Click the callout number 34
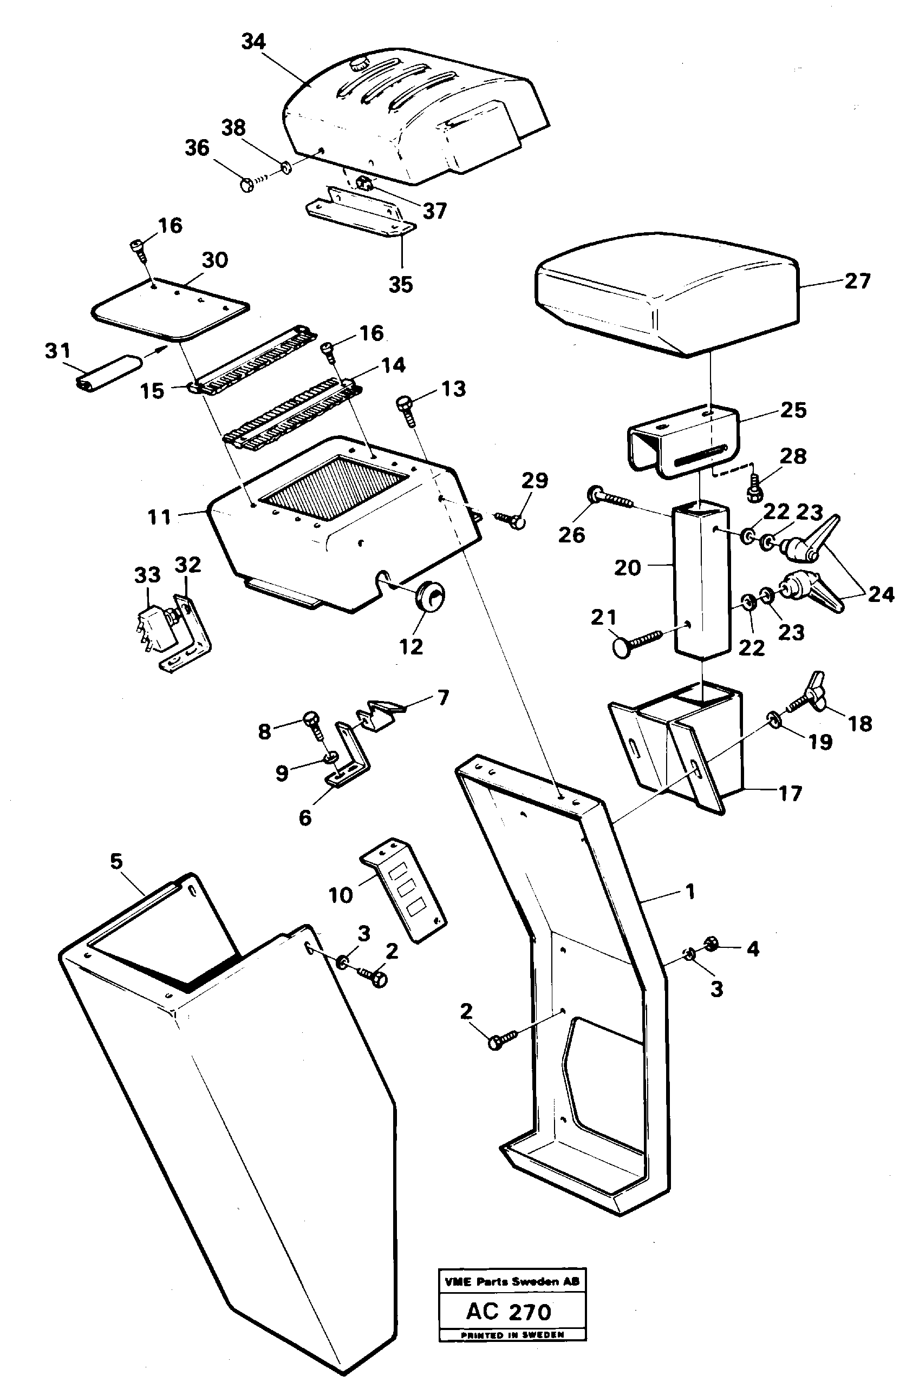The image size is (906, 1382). pyautogui.click(x=253, y=42)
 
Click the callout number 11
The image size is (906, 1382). pyautogui.click(x=159, y=516)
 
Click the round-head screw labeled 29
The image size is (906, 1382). pyautogui.click(x=511, y=519)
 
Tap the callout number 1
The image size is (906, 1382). pyautogui.click(x=690, y=891)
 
